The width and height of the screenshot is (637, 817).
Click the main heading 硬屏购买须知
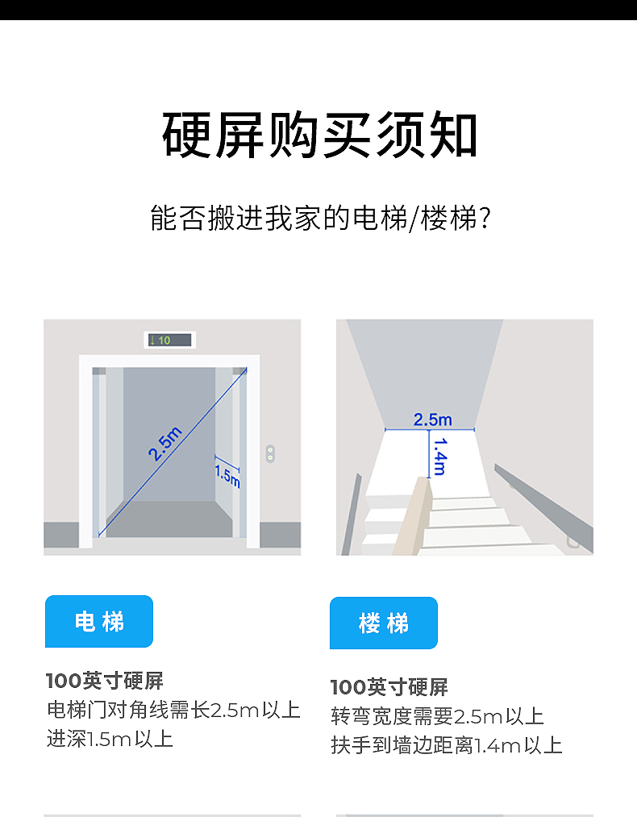320,135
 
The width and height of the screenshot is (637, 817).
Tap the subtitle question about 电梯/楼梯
320,219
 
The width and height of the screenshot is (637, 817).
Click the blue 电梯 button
99,621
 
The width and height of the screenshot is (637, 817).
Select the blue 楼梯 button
384,623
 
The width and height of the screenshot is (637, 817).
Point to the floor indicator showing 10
169,340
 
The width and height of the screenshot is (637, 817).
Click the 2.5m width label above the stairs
432,419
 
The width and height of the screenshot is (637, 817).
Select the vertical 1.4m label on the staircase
440,456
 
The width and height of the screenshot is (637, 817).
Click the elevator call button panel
270,453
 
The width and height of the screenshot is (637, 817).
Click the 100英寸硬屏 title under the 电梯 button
105,681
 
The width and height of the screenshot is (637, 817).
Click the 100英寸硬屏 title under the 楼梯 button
389,687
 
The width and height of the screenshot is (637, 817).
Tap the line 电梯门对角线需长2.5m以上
173,710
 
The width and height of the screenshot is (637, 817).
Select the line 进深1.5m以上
110,739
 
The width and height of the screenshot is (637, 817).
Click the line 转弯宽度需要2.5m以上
437,716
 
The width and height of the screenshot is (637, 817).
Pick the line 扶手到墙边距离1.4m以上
447,745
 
